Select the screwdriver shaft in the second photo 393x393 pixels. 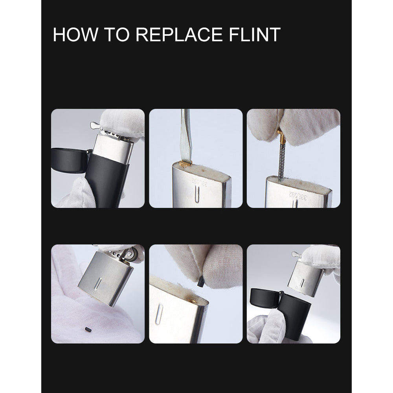pos(185,135)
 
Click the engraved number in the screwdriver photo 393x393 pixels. pos(200,183)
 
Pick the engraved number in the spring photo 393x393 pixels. pos(298,195)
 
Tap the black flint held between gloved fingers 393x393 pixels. pos(200,282)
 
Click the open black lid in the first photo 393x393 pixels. pos(70,160)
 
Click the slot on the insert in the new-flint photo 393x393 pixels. pos(159,314)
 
